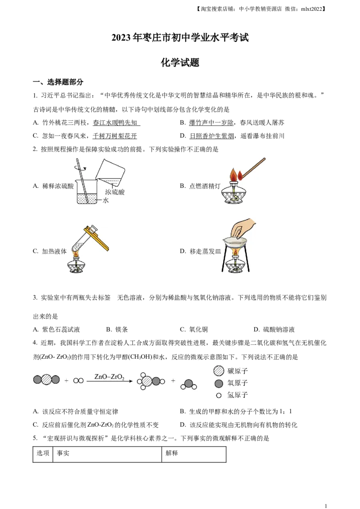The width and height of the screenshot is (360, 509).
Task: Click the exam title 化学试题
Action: pos(180,63)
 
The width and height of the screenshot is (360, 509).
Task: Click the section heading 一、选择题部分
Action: pos(58,82)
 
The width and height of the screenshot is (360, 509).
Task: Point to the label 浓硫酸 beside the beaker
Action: pos(115,192)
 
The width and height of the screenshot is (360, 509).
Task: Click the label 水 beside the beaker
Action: pos(106,200)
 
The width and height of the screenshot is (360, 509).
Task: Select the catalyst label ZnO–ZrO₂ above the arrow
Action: pos(109,377)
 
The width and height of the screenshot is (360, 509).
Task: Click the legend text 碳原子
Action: pos(238,371)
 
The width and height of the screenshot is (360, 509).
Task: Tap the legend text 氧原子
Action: pos(238,383)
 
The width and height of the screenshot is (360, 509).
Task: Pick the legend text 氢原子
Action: pos(238,395)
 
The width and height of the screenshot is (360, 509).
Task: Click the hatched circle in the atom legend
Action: pos(219,371)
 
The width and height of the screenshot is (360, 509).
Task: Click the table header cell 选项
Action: pos(43,453)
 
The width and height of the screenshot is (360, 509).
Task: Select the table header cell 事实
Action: pos(63,453)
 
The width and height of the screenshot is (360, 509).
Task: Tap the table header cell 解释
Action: pos(172,453)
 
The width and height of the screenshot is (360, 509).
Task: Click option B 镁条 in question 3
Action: pos(117,330)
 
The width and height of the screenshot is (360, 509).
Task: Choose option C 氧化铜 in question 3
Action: pos(194,330)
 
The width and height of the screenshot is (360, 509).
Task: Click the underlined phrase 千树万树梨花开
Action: pos(115,136)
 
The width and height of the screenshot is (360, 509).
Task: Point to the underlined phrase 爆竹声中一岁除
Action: pos(211,123)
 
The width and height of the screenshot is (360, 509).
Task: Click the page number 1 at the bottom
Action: pos(326,505)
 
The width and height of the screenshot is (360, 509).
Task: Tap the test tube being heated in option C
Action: pos(84,241)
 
